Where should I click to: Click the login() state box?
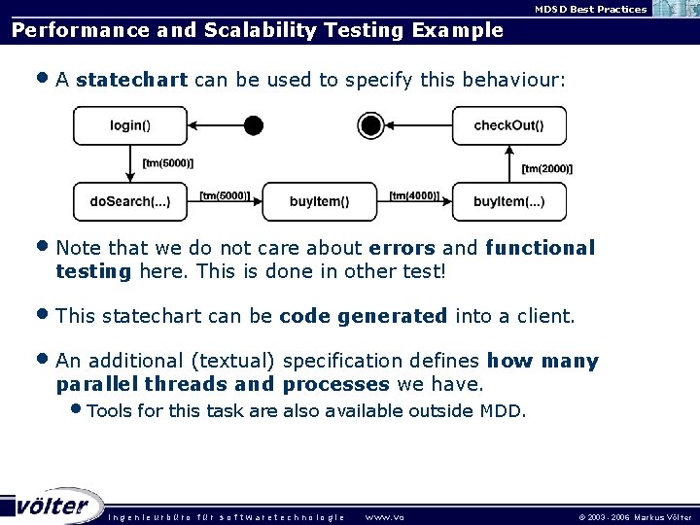[129, 125]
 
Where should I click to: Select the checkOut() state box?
[508, 125]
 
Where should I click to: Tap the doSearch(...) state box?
[129, 201]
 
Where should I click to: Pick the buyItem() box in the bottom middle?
[319, 201]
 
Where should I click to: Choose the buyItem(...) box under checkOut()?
[508, 201]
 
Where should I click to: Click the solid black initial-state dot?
[253, 125]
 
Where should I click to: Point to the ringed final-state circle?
[369, 125]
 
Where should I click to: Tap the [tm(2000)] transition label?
[546, 168]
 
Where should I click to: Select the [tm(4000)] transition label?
[414, 195]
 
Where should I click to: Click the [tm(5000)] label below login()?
[167, 162]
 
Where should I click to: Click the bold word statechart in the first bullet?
[131, 80]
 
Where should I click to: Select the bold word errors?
[403, 248]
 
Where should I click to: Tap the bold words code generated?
[363, 316]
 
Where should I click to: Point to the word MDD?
[502, 410]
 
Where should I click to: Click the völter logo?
[53, 506]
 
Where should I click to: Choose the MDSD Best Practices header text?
[590, 9]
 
